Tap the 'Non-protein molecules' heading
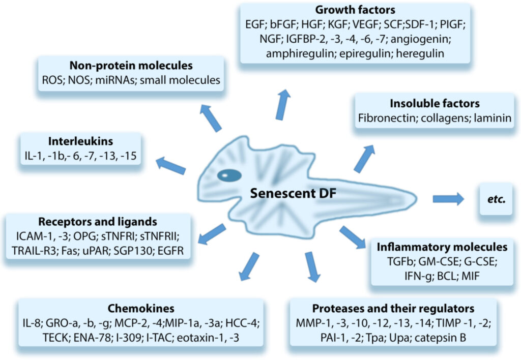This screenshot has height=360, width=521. pyautogui.click(x=131, y=66)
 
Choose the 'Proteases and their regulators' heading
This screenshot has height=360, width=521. pyautogui.click(x=393, y=309)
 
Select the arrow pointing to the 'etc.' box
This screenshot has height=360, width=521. pyautogui.click(x=448, y=199)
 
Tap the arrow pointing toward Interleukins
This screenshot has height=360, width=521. pyautogui.click(x=170, y=165)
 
